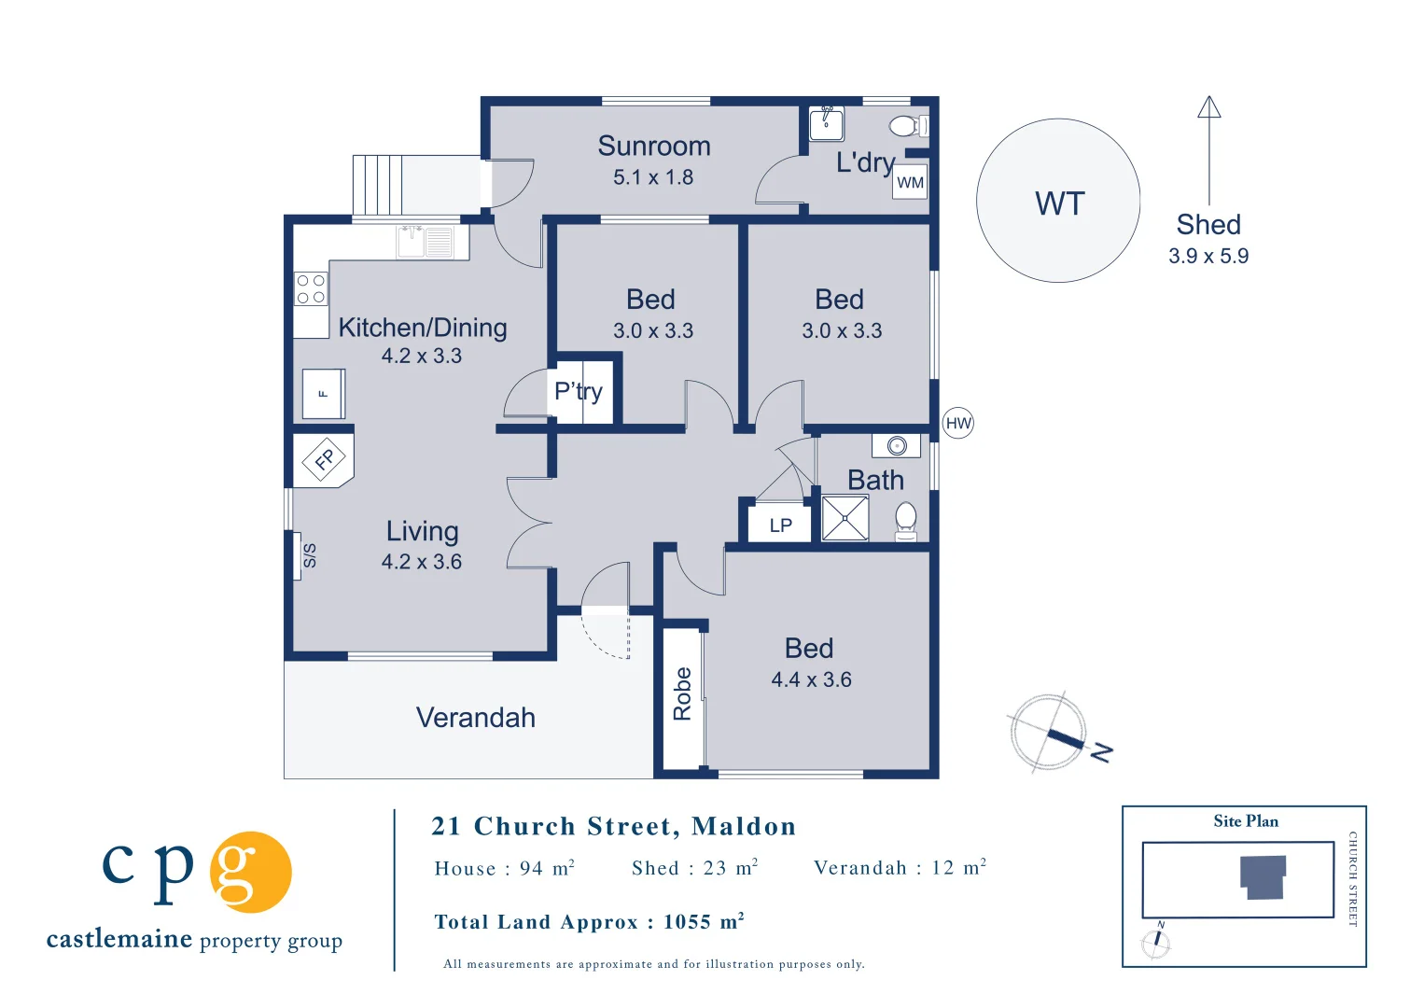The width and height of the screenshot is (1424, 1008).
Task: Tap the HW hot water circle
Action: click(958, 423)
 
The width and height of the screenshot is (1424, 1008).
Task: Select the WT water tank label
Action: click(1059, 203)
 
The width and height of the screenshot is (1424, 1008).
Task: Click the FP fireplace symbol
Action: click(324, 458)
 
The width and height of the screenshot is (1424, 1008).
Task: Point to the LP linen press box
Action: click(780, 525)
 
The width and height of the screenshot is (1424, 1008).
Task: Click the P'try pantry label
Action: click(578, 391)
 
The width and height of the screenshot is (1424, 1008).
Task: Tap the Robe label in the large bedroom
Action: click(682, 693)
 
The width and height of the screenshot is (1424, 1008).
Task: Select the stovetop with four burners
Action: click(311, 289)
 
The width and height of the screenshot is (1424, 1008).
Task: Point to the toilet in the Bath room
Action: click(906, 522)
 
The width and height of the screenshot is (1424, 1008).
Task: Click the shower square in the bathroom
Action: click(845, 518)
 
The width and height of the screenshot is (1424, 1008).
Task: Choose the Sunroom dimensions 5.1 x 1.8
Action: click(653, 177)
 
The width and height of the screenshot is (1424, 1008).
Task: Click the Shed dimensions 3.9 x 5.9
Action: click(1208, 256)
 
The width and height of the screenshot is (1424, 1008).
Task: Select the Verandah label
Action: click(476, 718)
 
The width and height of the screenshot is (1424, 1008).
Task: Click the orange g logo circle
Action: click(251, 872)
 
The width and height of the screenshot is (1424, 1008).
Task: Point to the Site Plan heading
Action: click(1246, 821)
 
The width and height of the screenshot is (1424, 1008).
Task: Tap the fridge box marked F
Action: click(324, 394)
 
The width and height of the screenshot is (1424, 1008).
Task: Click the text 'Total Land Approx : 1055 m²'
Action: click(590, 921)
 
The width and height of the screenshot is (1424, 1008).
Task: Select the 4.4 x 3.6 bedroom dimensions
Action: click(811, 679)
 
